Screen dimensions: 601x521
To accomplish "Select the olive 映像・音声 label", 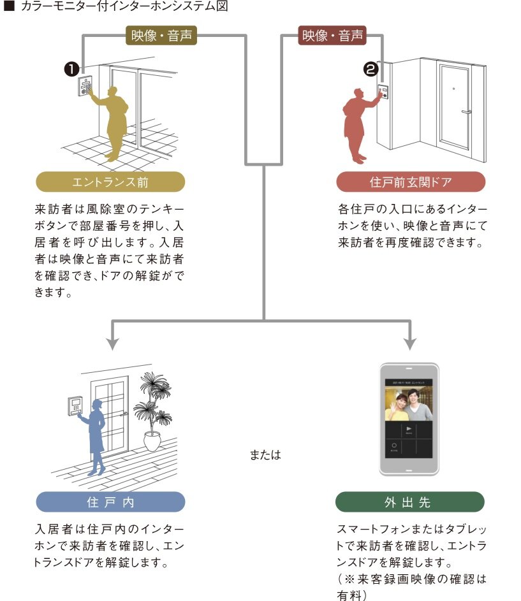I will pos(161,36).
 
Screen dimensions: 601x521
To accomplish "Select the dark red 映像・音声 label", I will pos(332,36).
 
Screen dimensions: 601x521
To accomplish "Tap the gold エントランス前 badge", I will pos(110,182).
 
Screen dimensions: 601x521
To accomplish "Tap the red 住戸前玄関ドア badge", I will pos(411,182).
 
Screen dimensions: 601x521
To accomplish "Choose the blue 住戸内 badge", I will pos(110,502).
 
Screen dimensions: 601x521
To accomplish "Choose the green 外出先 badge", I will pos(410,502).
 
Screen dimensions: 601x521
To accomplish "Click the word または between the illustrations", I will pos(265,456).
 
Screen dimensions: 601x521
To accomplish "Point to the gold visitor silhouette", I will pos(112,121).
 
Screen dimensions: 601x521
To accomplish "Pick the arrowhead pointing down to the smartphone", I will pos(410,342).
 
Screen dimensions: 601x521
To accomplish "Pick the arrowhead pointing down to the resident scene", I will pos(112,342).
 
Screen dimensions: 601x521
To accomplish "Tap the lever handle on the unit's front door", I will pos(466,112).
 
